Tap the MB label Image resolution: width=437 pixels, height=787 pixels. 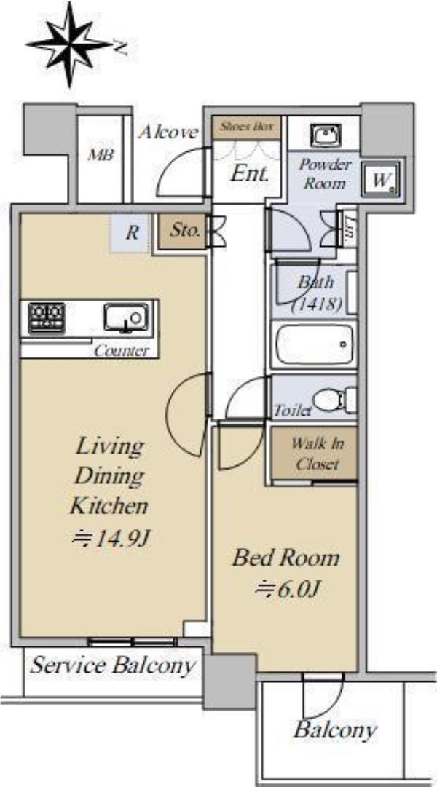[101, 154]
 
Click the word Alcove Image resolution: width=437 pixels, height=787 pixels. [168, 133]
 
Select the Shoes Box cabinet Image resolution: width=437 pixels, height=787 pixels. [246, 127]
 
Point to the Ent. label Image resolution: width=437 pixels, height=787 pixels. [250, 174]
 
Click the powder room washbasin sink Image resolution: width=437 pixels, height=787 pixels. [326, 135]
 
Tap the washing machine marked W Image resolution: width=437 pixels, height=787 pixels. [382, 180]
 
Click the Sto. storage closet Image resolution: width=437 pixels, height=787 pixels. [182, 232]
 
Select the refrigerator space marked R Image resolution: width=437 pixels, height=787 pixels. [132, 233]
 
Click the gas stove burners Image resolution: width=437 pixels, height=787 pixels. [46, 317]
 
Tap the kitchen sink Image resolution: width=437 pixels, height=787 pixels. [126, 317]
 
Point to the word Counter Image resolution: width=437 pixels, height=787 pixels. [122, 350]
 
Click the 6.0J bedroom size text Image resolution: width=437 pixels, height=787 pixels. [287, 588]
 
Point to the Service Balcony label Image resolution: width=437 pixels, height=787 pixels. [111, 666]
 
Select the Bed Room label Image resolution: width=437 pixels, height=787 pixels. [286, 558]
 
